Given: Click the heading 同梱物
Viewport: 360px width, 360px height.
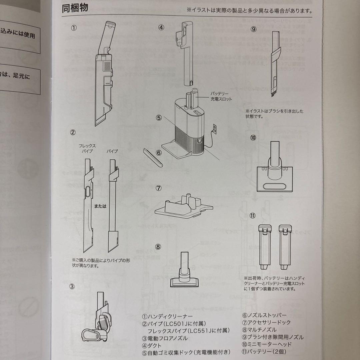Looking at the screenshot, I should (75, 8).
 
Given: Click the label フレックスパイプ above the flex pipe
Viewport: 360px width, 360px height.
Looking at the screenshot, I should (87, 148).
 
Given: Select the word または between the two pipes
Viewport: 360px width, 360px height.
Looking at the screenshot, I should (100, 206).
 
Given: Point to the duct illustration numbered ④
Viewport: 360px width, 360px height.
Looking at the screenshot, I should (186, 53).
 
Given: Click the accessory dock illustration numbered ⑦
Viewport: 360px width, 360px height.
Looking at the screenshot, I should (183, 207).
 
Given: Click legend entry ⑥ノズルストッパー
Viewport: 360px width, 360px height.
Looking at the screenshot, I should (264, 315).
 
